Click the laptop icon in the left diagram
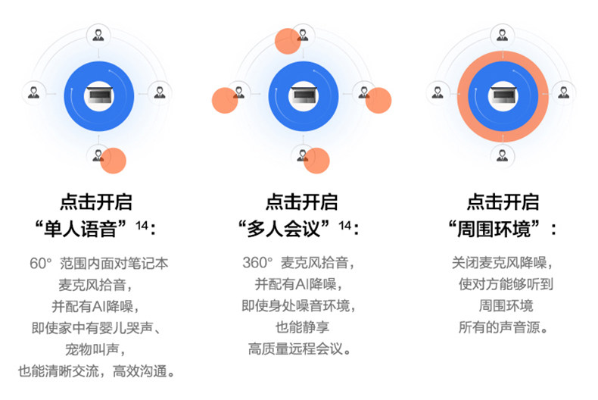[98, 93]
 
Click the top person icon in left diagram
[98, 33]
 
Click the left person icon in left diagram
[33, 93]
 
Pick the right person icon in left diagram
[160, 93]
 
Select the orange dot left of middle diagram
[225, 100]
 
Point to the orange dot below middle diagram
[316, 161]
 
